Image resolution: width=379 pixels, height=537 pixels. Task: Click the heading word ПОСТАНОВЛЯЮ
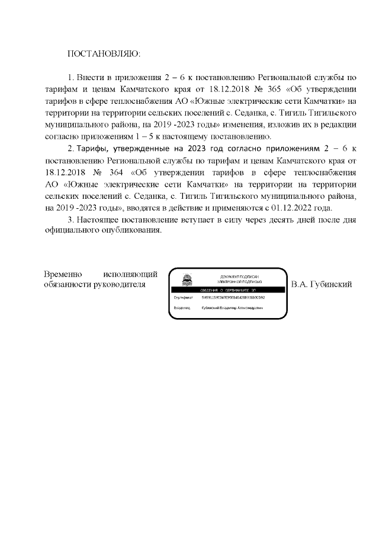(x=105, y=54)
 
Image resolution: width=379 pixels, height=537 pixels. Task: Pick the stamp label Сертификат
(x=183, y=297)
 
